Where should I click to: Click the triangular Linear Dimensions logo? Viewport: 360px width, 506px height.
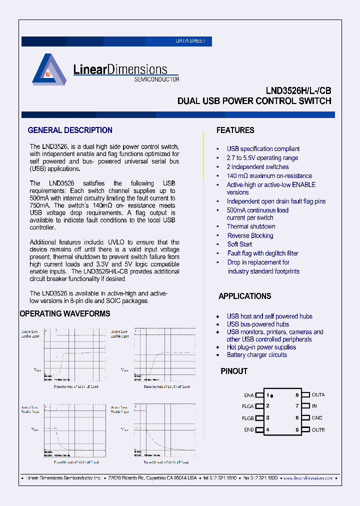(49, 69)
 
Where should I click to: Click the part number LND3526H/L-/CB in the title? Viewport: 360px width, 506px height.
(298, 91)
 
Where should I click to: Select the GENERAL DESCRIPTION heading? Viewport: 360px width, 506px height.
(70, 130)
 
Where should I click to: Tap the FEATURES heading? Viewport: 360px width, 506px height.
(235, 130)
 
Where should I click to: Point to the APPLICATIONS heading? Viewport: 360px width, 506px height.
(244, 296)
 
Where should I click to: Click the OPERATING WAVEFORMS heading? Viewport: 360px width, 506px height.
(64, 313)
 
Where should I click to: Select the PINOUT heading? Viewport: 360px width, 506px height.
(234, 371)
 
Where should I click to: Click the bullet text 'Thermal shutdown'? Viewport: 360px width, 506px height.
(251, 226)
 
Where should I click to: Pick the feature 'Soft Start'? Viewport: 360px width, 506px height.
(239, 244)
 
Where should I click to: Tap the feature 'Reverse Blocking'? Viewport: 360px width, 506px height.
(250, 235)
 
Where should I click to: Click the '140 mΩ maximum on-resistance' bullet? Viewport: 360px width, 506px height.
(269, 176)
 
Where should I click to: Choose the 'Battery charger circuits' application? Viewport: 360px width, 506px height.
(256, 355)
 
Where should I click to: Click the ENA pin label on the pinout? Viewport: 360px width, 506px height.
(249, 395)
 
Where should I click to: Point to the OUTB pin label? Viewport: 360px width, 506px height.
(318, 430)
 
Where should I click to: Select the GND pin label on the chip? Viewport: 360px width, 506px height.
(317, 418)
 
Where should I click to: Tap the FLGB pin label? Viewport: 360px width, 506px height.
(248, 418)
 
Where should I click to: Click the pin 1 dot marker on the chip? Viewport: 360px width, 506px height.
(271, 396)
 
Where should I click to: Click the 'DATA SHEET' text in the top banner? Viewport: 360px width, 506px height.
(190, 41)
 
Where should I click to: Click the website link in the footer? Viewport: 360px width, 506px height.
(308, 478)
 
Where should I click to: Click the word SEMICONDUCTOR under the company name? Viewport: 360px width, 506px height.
(156, 79)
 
